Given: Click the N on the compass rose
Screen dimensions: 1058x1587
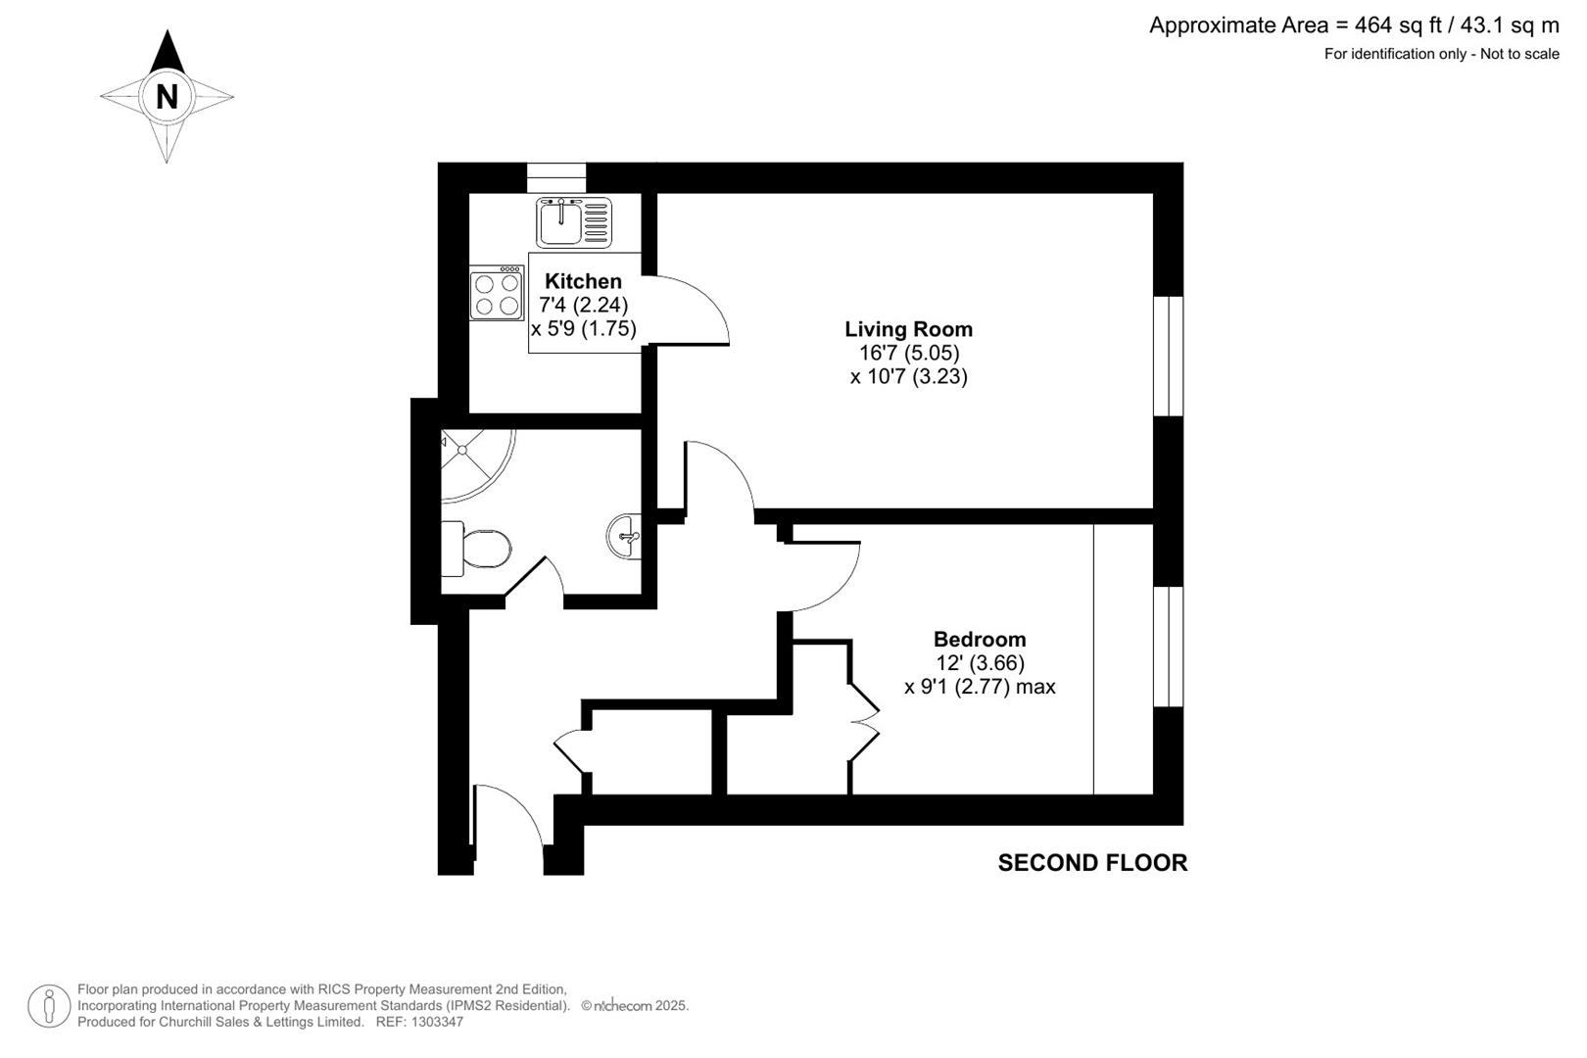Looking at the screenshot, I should point(167,96).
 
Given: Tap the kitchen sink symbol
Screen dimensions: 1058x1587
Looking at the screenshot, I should point(573,222).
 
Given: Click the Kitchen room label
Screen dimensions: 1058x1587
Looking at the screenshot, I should point(583,281).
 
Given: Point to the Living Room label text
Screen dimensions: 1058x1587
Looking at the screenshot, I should point(908,329).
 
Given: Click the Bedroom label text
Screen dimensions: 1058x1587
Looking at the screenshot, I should point(979,640).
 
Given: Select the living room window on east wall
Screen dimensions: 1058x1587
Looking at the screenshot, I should point(1168,356).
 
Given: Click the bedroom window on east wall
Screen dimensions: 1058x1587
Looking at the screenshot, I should point(1168,647).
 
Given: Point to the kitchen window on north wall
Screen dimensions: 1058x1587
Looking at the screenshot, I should point(555,177).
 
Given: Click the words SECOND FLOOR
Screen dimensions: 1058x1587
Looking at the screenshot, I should point(1092,863).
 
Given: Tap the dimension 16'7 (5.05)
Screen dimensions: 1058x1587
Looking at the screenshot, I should point(908,353).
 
